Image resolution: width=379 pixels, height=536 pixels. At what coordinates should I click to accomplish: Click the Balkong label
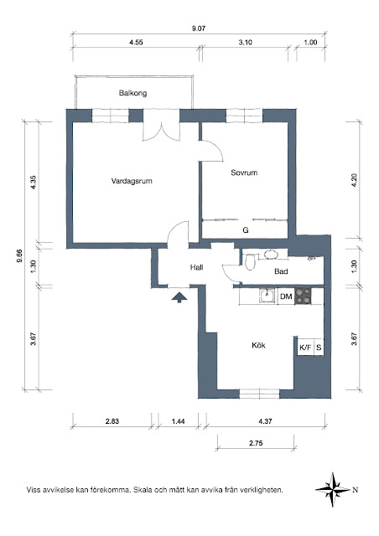132,93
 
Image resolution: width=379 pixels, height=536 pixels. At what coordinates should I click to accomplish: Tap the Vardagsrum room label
132,181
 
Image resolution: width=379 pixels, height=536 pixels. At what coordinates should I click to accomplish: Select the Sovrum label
244,173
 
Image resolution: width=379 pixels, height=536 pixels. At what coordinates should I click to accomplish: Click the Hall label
197,267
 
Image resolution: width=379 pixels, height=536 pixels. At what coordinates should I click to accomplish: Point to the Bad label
281,271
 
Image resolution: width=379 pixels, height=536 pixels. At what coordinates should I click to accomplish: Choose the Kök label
258,345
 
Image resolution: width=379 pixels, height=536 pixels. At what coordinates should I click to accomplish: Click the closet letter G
246,230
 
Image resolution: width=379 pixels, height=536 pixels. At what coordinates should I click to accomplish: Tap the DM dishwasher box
286,296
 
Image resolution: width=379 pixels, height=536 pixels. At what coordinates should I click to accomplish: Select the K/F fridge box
305,348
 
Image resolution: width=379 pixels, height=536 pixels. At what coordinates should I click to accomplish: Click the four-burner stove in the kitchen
304,296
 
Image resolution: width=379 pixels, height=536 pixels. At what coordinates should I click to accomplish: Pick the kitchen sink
267,296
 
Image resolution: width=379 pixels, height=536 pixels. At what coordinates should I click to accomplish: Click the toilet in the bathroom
250,261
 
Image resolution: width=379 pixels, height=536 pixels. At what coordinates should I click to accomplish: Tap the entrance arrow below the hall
179,297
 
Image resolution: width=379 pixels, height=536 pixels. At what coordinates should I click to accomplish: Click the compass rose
333,489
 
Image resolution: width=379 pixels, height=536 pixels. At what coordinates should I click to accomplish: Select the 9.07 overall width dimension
199,28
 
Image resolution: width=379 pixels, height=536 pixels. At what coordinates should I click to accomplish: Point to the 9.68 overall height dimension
19,255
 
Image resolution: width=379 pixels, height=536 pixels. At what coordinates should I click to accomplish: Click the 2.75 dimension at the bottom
256,443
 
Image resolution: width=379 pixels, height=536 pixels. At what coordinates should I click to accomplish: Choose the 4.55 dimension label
136,43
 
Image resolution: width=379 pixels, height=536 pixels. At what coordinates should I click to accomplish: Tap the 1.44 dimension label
178,421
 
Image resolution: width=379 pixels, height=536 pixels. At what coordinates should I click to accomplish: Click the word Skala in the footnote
143,490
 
